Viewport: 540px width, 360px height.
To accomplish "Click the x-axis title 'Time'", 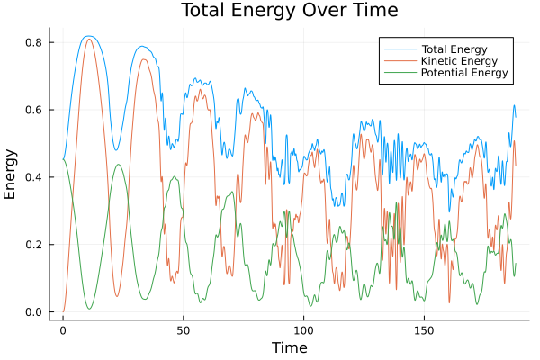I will (x=289, y=347).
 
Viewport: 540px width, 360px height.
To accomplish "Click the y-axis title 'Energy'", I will (x=11, y=175).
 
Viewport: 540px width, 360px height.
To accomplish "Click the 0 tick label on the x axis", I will (x=63, y=329).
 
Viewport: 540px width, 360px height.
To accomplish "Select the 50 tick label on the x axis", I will (x=184, y=329).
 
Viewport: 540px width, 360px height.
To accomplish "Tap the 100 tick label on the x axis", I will (x=304, y=329).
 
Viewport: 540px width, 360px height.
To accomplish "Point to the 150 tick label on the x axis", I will (x=425, y=329).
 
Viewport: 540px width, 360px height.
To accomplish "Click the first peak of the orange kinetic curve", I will (x=89, y=39).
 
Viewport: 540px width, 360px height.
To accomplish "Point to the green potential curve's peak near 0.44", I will (x=118, y=165).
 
